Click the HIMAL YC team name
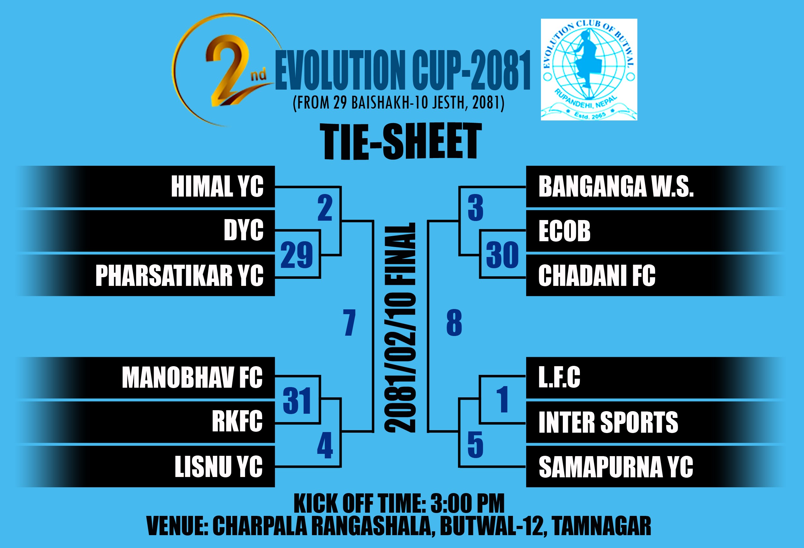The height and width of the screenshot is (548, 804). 217,187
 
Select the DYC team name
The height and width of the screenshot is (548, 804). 243,230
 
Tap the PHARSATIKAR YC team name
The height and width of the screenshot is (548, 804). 179,275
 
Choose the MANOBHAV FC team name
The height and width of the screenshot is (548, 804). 192,377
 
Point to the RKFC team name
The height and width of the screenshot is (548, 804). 237,421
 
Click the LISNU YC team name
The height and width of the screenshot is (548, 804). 219,466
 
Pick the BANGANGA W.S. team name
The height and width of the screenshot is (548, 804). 616,187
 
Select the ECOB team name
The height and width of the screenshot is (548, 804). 564,231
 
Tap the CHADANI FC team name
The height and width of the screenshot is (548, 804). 597,275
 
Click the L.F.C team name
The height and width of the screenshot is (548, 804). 559,377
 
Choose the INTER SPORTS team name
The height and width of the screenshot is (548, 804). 608,422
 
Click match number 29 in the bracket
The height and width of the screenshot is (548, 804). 297,255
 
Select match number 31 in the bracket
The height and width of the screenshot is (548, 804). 297,401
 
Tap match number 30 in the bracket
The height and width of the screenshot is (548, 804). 502,255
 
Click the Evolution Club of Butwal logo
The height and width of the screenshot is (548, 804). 589,69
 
